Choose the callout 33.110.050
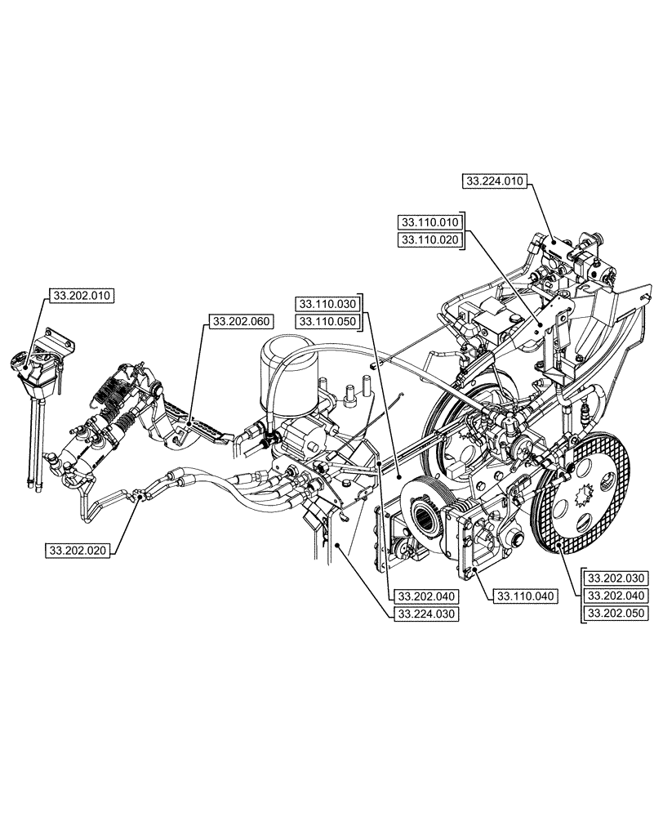coord(327,321)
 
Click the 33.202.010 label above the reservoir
coord(82,295)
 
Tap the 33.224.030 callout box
coord(425,614)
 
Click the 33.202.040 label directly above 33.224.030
coord(425,596)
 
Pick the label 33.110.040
coord(523,596)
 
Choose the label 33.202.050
coord(616,612)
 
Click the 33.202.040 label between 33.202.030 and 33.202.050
coord(616,595)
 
